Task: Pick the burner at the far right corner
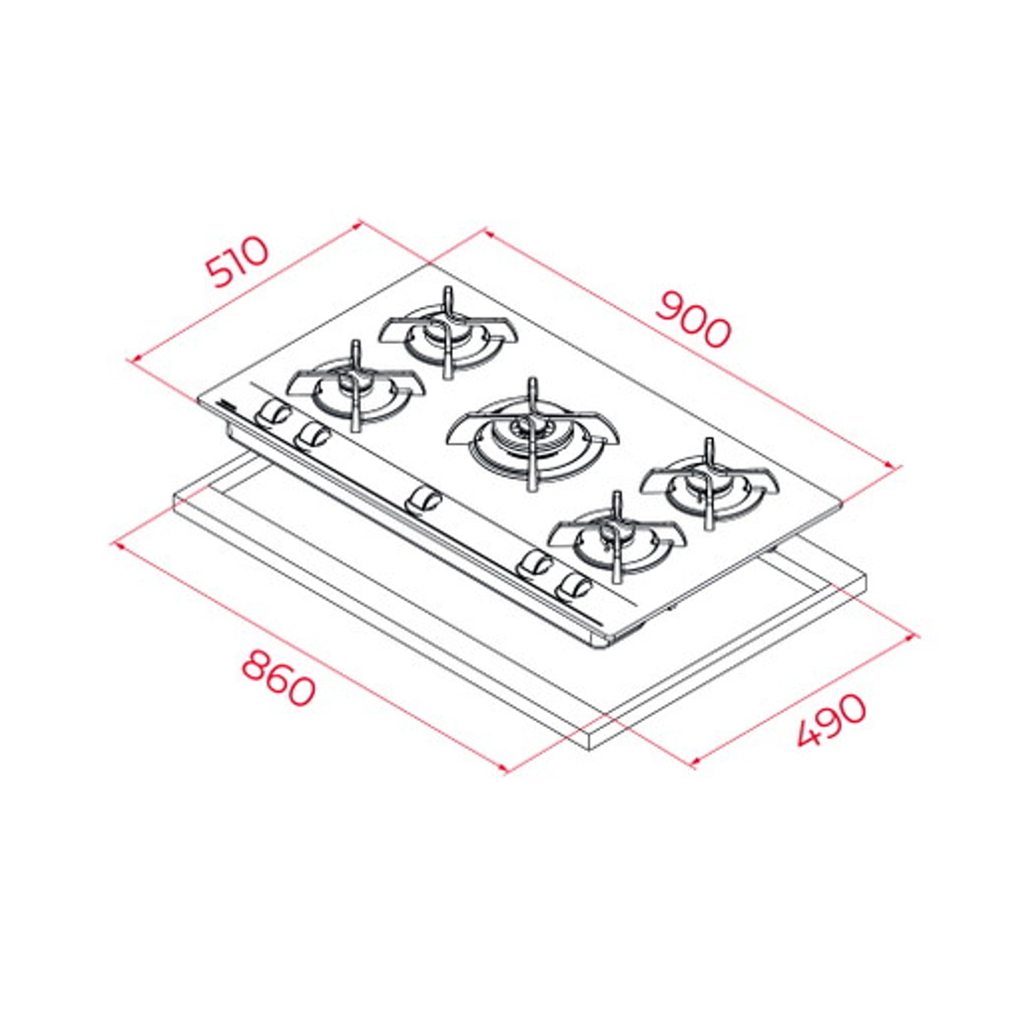tap(709, 483)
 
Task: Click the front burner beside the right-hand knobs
tap(617, 537)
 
